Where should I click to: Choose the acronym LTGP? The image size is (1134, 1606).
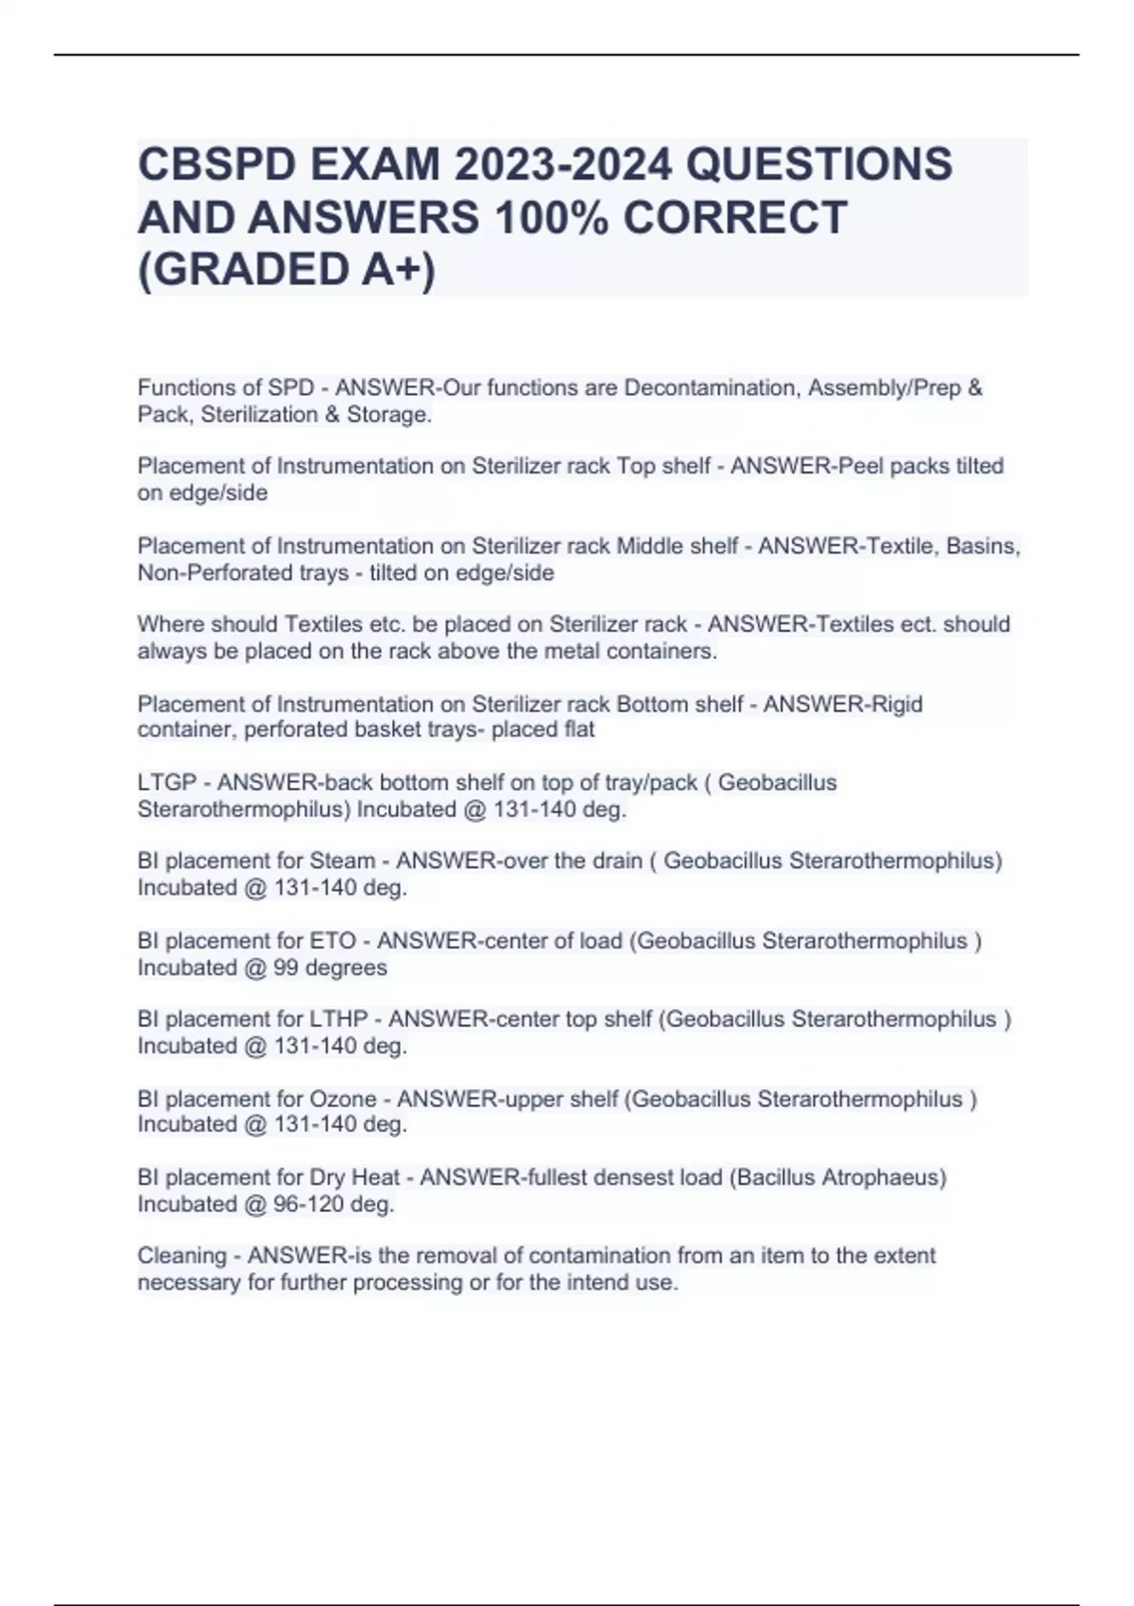167,783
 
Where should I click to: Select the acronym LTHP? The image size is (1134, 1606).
338,1020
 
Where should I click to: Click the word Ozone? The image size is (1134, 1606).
342,1100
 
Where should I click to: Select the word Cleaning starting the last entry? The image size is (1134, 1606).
181,1256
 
